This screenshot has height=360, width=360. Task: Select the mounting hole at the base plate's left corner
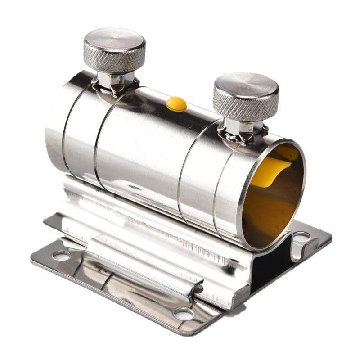pyautogui.click(x=62, y=255)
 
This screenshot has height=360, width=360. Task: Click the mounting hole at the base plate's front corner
pyautogui.click(x=184, y=314)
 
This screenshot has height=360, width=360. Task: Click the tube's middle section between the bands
pyautogui.click(x=144, y=144)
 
